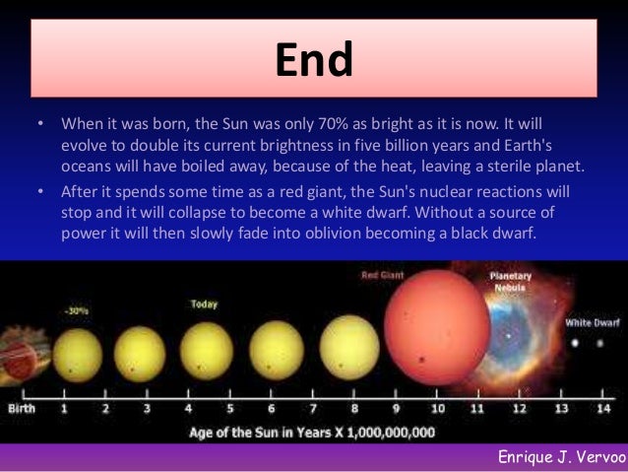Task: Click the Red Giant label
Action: tap(383, 276)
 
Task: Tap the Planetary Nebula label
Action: tap(511, 283)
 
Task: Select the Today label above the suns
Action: tap(204, 304)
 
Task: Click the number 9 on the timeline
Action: tap(397, 407)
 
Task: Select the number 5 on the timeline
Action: tap(230, 407)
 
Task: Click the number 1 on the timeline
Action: tap(65, 407)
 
